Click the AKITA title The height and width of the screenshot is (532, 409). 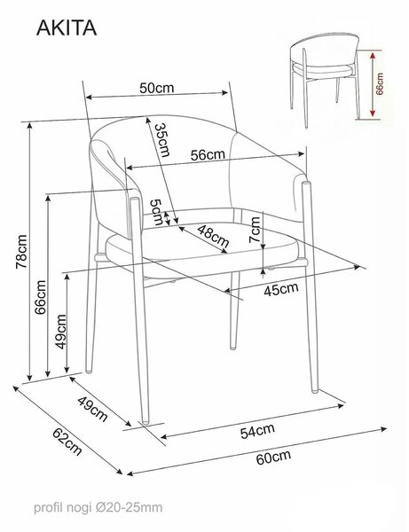tap(67, 27)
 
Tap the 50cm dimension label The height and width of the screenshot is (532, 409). tap(156, 88)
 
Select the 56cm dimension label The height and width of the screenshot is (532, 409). tap(208, 154)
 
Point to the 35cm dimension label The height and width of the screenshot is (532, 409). tap(161, 140)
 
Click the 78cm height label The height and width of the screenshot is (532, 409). tap(21, 252)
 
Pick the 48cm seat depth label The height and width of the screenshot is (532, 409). tap(213, 236)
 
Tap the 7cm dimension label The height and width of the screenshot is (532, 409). tap(255, 230)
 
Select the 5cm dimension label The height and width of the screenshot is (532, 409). tap(156, 213)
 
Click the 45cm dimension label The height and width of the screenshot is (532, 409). tap(281, 289)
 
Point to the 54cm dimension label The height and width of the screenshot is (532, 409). tap(257, 431)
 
